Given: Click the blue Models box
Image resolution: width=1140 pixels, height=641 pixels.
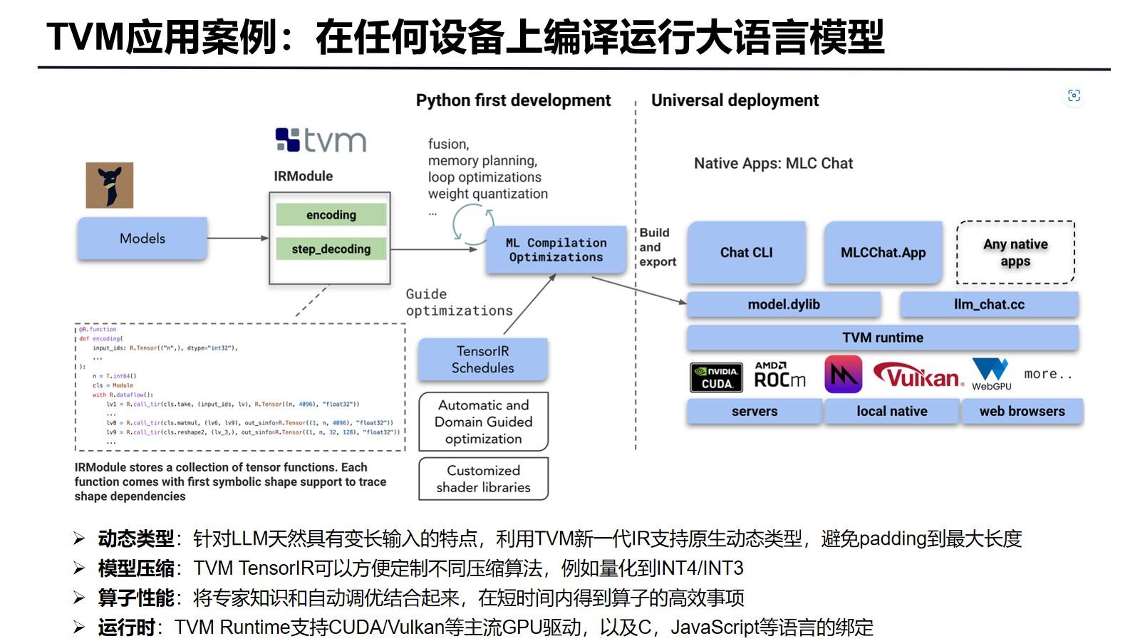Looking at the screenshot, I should point(142,239).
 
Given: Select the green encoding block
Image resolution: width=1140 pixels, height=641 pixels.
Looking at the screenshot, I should point(331,214).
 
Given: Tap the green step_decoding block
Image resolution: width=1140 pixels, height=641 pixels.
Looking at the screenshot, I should point(331,249).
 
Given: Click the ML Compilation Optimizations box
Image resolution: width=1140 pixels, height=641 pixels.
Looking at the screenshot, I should point(556,250).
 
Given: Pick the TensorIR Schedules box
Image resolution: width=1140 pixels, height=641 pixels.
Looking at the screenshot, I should point(482,359).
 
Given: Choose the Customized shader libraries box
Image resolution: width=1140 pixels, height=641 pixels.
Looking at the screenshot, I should point(483,479).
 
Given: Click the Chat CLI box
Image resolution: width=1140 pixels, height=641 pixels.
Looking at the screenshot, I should point(746,252).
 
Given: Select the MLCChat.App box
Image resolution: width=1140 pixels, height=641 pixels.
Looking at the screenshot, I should point(883,252).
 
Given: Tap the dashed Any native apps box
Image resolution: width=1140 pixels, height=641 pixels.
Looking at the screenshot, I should point(1015,252).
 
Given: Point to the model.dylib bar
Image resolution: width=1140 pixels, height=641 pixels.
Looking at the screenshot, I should point(784,304).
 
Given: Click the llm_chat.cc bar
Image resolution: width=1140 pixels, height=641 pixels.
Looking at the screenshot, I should point(989,304).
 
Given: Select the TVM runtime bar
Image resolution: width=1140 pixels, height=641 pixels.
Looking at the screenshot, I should point(882,338).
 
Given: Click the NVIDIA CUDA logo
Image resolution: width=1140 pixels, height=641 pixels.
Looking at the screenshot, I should point(717,377).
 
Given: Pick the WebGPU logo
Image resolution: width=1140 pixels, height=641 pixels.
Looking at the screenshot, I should point(991,374).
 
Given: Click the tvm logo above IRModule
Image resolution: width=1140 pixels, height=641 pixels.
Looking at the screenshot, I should point(321,140).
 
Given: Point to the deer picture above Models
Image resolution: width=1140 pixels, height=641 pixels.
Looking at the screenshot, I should point(109,185).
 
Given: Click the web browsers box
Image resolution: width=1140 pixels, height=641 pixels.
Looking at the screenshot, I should point(1022,411).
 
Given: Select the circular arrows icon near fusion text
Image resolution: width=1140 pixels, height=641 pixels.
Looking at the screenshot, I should point(472,223).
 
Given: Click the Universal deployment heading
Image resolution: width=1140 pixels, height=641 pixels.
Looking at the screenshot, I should point(735,100).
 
